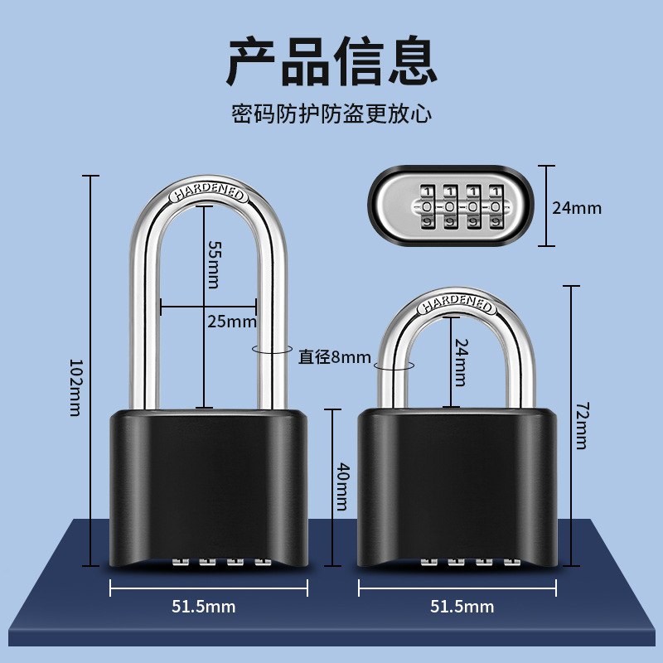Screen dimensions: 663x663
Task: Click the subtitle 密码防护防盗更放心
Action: click(x=331, y=114)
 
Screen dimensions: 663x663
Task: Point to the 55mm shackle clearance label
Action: click(x=215, y=264)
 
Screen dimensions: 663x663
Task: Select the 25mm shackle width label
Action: click(x=231, y=322)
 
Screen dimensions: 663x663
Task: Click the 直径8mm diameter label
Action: click(x=335, y=357)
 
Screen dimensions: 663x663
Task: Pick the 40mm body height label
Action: click(x=341, y=486)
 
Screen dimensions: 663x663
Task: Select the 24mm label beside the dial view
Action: click(x=577, y=207)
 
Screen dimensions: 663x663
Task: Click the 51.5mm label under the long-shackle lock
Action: click(x=204, y=607)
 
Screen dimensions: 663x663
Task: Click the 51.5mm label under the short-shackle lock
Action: click(x=462, y=607)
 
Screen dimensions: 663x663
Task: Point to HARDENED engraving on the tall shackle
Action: click(x=209, y=194)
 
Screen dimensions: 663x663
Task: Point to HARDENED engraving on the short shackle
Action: click(x=457, y=305)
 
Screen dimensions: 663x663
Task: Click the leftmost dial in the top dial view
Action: click(x=427, y=206)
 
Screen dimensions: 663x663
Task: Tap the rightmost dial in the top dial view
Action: click(x=496, y=206)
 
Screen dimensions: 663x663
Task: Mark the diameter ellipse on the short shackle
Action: click(x=394, y=364)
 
